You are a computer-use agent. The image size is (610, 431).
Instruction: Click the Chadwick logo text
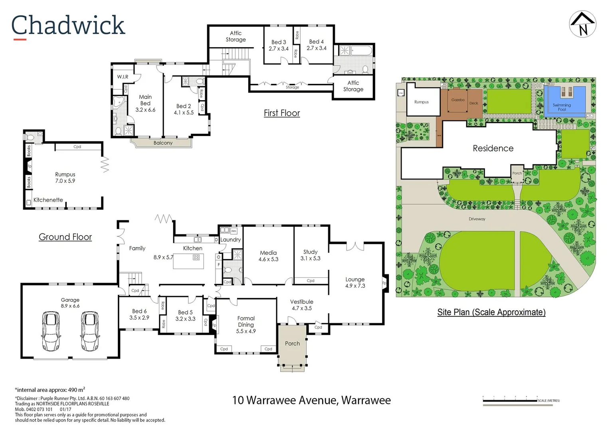click(x=68, y=26)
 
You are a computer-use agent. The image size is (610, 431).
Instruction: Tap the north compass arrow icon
click(x=582, y=24)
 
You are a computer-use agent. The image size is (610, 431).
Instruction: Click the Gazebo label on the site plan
click(x=457, y=100)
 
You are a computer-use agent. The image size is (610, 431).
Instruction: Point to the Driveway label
click(x=477, y=219)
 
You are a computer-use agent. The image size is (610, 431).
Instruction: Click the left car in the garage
click(x=51, y=331)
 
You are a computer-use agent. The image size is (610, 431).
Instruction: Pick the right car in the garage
click(x=90, y=331)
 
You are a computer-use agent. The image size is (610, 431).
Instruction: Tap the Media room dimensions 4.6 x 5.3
click(x=268, y=259)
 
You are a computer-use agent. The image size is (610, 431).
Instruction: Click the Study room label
click(x=310, y=252)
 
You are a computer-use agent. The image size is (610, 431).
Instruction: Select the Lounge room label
click(x=355, y=279)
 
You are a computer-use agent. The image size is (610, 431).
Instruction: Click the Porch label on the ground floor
click(x=292, y=343)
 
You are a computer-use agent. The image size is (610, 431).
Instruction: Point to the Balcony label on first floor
click(x=163, y=143)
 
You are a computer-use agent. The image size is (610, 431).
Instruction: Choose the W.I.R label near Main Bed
click(x=123, y=77)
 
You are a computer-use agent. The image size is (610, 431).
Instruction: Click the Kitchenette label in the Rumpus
click(x=48, y=200)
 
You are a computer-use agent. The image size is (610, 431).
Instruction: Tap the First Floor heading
click(x=281, y=113)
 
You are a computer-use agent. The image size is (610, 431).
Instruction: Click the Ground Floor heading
click(x=65, y=237)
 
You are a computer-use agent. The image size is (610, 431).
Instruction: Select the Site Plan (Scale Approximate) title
click(x=491, y=312)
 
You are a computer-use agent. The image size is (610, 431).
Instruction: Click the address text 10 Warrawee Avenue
click(x=311, y=400)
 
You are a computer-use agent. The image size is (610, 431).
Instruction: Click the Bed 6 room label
click(x=139, y=311)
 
